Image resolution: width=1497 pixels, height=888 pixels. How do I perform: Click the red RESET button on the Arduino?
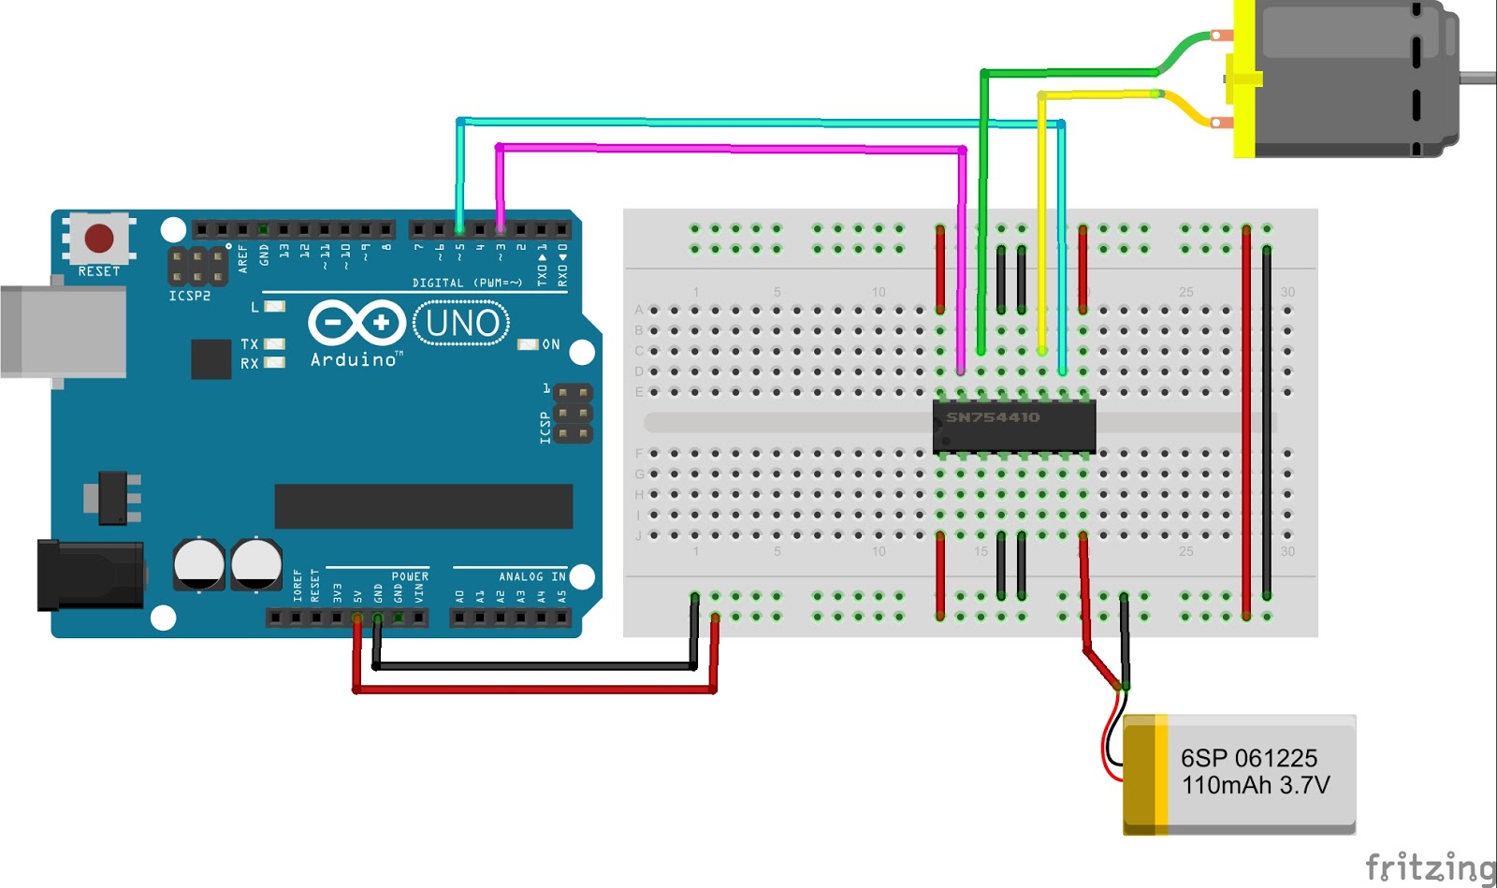[x=99, y=238]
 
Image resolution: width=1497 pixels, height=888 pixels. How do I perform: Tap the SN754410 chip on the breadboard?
[x=1014, y=426]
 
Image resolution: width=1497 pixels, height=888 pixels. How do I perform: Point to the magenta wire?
[x=730, y=148]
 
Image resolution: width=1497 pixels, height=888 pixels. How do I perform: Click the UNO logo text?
[x=462, y=323]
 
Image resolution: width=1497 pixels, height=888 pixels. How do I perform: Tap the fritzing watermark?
[x=1430, y=867]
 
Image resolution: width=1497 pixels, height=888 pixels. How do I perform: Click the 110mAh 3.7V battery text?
[x=1255, y=785]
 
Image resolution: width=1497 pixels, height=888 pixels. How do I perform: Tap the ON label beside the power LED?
[x=551, y=344]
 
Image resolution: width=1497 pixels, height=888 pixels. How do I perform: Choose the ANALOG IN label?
[x=531, y=576]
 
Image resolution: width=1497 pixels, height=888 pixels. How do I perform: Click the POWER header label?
[x=410, y=576]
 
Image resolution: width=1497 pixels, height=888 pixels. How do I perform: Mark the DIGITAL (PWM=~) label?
[x=467, y=283]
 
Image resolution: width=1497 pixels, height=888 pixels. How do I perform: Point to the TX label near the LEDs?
[x=249, y=344]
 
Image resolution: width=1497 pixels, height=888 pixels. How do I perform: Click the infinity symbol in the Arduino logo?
[x=356, y=324]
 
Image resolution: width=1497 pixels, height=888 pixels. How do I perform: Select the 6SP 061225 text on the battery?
[x=1248, y=758]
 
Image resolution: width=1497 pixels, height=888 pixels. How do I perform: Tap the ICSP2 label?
[x=189, y=296]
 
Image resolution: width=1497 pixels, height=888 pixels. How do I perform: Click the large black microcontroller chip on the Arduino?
[x=423, y=506]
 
